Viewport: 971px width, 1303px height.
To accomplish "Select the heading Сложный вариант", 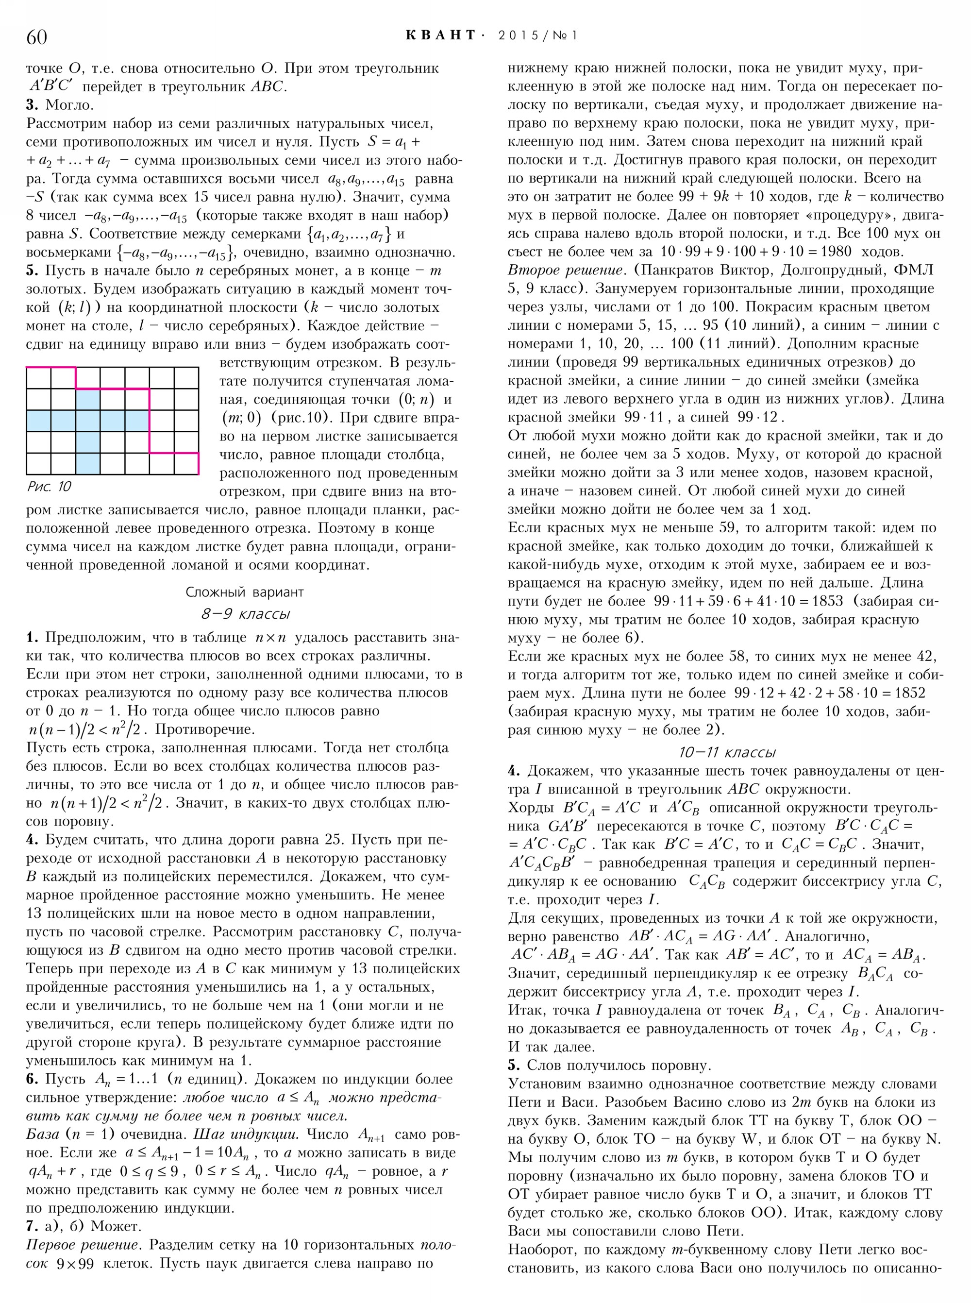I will [x=245, y=592].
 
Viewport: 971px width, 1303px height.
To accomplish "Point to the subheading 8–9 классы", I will [x=245, y=614].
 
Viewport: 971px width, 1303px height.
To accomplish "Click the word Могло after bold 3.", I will [x=69, y=105].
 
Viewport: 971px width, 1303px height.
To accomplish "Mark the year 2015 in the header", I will [x=519, y=35].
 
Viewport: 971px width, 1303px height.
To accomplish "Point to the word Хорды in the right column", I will [x=530, y=807].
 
